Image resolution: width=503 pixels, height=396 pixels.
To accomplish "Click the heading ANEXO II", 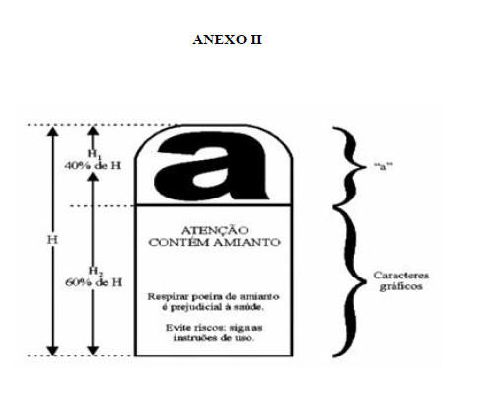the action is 228,40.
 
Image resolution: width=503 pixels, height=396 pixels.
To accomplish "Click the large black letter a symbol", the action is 212,166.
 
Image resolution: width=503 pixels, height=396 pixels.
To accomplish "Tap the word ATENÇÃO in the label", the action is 215,230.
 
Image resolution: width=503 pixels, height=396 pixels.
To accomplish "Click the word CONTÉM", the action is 179,242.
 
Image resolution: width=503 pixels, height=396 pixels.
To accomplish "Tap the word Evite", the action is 177,328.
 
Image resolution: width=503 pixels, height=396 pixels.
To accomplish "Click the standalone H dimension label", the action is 52,240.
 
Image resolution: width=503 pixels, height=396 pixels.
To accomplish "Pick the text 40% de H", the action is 93,165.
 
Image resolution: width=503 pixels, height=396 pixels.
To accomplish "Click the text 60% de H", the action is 94,282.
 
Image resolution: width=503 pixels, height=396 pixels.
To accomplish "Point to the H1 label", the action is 94,154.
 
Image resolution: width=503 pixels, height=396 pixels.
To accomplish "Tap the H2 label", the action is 96,272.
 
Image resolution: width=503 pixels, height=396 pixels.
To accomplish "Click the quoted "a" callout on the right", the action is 383,166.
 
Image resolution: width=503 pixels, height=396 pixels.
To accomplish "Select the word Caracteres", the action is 401,275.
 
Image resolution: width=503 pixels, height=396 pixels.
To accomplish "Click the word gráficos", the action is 400,286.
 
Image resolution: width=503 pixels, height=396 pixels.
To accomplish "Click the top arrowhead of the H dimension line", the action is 52,131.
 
